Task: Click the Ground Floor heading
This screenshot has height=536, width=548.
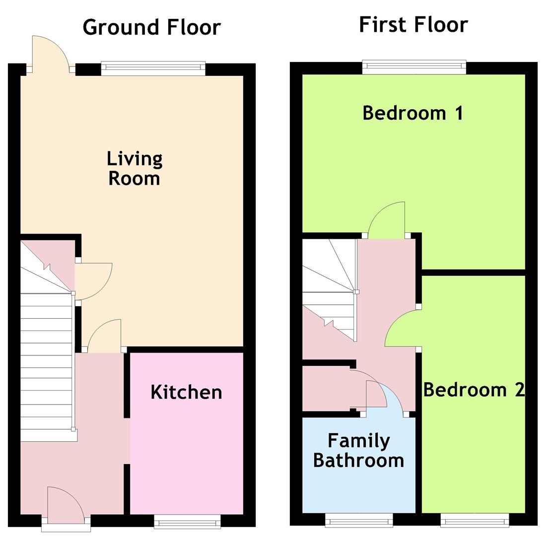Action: pyautogui.click(x=152, y=27)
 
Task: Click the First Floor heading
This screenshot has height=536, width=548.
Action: pyautogui.click(x=413, y=25)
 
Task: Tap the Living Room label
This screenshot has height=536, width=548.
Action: pyautogui.click(x=135, y=168)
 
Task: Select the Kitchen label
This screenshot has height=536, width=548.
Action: pyautogui.click(x=186, y=392)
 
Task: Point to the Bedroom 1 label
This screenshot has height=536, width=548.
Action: pyautogui.click(x=413, y=113)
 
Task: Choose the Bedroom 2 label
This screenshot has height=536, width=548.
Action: pyautogui.click(x=474, y=390)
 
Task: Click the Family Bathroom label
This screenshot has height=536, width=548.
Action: pyautogui.click(x=358, y=451)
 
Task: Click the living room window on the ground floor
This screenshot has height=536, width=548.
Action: pyautogui.click(x=153, y=68)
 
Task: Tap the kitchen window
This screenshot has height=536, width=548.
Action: pyautogui.click(x=188, y=521)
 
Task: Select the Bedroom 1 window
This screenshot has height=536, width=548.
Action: pyautogui.click(x=414, y=67)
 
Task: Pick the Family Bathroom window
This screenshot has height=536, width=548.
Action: pyautogui.click(x=359, y=520)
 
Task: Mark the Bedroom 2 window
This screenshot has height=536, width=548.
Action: pyautogui.click(x=475, y=520)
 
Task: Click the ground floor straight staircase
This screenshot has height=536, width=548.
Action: pyautogui.click(x=47, y=367)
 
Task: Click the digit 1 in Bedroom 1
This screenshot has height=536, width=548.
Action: pyautogui.click(x=459, y=113)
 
